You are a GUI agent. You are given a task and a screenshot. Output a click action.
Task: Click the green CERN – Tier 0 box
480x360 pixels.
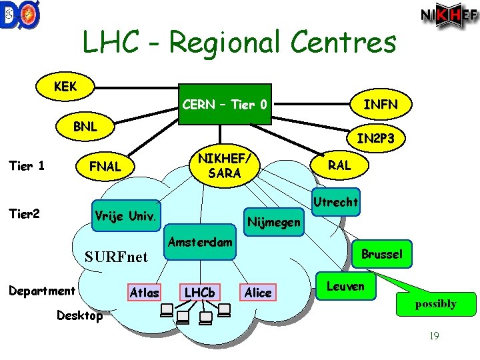225,105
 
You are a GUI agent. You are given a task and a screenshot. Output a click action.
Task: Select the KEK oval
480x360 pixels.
65,87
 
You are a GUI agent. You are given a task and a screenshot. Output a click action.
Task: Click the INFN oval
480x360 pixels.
381,104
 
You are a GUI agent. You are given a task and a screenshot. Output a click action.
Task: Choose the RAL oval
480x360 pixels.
339,165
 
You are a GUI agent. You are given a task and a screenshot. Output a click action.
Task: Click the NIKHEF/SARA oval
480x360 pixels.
223,165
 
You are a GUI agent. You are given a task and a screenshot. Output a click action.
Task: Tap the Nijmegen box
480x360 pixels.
273,222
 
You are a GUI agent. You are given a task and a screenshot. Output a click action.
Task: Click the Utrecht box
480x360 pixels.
335,201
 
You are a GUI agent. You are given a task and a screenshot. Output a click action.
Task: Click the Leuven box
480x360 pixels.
346,286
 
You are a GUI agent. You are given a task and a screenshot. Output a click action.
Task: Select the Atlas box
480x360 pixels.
144,292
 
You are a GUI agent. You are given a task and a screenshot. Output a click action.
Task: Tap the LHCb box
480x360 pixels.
199,292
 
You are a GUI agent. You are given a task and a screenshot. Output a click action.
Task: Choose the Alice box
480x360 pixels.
258,292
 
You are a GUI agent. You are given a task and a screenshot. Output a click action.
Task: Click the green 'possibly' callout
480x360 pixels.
436,303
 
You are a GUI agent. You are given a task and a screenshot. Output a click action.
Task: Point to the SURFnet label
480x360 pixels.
116,257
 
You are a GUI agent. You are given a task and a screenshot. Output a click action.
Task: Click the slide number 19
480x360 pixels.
434,336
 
